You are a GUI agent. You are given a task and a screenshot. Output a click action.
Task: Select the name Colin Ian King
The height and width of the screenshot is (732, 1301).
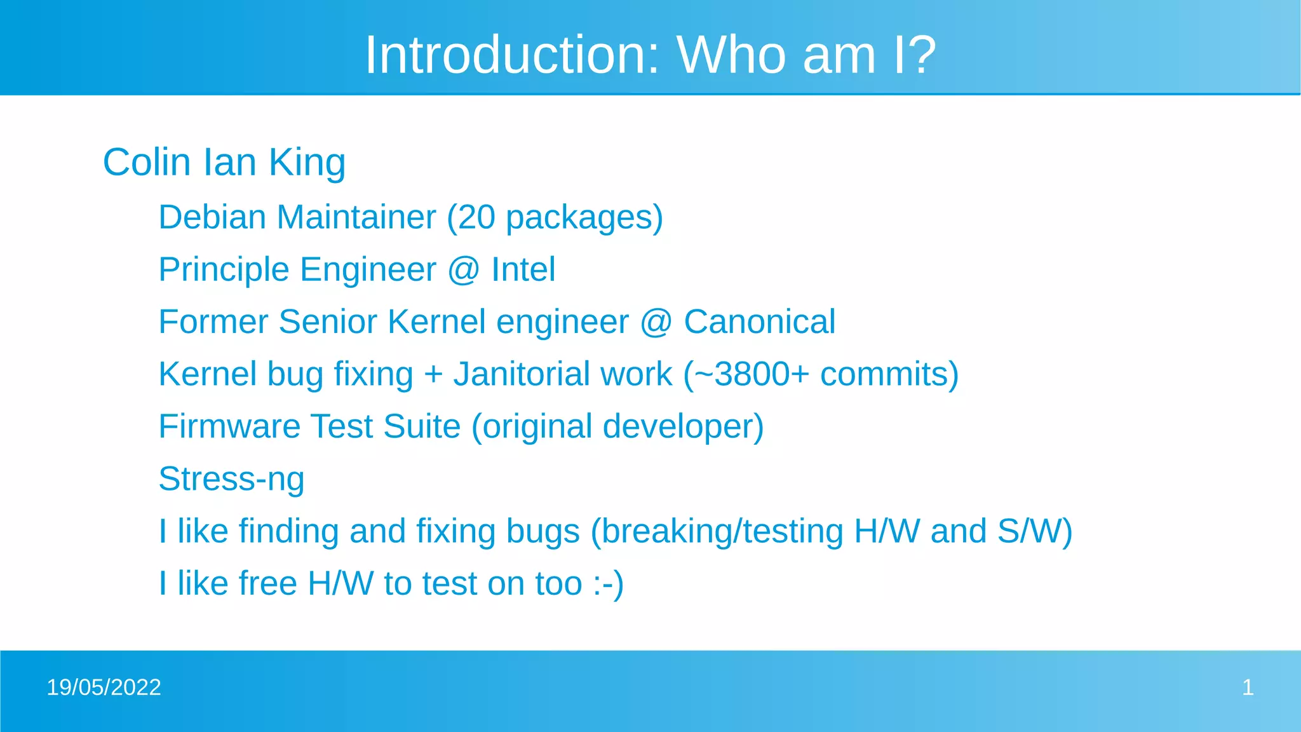coord(224,162)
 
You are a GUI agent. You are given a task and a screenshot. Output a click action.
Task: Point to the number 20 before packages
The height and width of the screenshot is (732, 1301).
coord(476,217)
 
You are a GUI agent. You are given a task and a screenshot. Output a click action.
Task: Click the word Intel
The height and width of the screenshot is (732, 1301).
coord(523,269)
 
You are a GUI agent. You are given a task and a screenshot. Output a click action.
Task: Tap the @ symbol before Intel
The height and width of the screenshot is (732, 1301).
coord(463,270)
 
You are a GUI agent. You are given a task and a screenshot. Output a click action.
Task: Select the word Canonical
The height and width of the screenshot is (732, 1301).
coord(759,322)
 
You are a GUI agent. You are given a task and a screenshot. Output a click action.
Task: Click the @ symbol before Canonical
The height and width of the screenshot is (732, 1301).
coord(656,322)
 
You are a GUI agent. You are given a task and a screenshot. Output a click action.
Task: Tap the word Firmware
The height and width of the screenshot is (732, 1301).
coord(229,426)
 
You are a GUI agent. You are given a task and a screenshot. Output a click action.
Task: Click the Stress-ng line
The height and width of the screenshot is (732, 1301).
coord(231,479)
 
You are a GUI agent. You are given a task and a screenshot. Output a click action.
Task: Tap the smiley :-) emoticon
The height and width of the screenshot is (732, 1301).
coord(608,584)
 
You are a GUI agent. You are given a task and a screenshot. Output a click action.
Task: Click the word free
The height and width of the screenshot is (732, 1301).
coord(267,584)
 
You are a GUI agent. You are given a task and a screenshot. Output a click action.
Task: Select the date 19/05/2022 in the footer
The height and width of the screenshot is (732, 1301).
coord(104,688)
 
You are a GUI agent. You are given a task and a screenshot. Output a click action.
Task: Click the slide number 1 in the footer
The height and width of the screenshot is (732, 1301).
coord(1248,688)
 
